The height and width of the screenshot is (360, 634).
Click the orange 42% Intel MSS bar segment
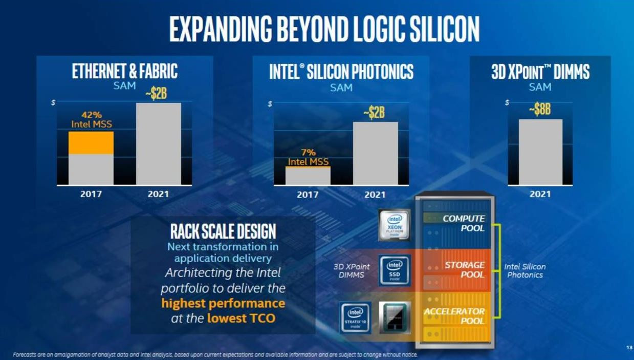click(91, 142)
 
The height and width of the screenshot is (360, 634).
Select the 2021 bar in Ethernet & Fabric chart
click(158, 143)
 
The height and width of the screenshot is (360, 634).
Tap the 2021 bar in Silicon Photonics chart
click(375, 153)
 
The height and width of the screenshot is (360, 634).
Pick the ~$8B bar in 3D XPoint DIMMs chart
click(540, 152)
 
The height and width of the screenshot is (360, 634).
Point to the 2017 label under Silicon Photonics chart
click(308, 195)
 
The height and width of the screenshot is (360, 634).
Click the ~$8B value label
click(540, 110)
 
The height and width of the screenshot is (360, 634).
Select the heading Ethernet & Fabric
click(124, 72)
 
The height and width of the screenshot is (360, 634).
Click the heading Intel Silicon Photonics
click(341, 72)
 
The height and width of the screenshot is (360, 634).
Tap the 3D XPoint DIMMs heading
click(540, 72)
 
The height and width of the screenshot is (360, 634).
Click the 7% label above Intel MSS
click(308, 152)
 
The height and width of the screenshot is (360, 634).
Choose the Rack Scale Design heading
click(223, 231)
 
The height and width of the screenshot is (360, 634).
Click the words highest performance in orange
click(223, 303)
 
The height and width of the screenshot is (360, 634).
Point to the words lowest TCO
click(241, 319)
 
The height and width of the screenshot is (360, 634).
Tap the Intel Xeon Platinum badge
click(396, 225)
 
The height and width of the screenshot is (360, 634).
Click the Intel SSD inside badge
click(395, 270)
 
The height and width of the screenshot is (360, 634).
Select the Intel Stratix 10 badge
click(355, 317)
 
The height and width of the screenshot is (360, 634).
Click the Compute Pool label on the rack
click(464, 223)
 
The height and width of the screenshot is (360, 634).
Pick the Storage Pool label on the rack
click(465, 269)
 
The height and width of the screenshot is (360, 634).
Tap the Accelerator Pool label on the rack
click(454, 316)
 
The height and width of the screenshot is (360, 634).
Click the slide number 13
click(629, 348)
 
